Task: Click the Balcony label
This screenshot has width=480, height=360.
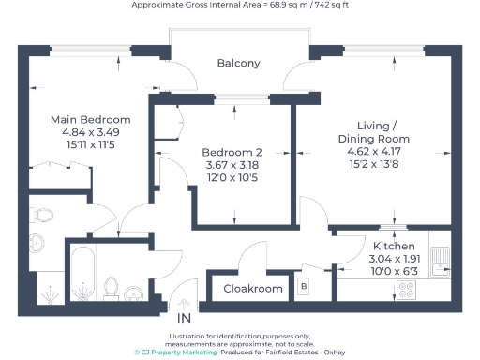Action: [x=238, y=64]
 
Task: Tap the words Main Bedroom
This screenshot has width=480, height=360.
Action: [x=90, y=120]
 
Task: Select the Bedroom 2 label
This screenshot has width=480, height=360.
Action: [x=232, y=152]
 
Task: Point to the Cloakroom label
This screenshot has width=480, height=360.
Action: [x=252, y=289]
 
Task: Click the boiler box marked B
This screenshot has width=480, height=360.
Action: [x=303, y=285]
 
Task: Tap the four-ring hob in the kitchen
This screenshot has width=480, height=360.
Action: [x=406, y=289]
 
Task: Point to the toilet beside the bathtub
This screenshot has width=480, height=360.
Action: [x=112, y=286]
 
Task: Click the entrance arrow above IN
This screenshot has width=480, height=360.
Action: [x=184, y=304]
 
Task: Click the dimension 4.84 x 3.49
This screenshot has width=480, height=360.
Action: [x=90, y=133]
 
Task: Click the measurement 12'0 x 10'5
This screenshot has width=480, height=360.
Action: [x=232, y=178]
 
